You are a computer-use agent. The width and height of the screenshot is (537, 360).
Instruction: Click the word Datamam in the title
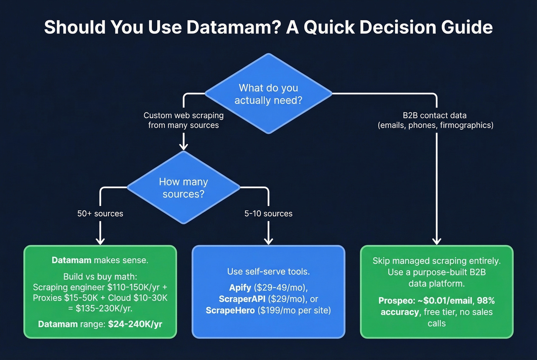tap(234, 27)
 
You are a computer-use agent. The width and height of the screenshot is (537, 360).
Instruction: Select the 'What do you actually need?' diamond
tap(268, 94)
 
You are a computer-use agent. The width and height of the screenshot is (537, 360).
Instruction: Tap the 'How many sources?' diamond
tap(183, 187)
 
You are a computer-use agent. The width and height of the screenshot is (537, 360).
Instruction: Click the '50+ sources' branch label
tap(100, 214)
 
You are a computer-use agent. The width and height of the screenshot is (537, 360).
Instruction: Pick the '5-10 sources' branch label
tap(268, 214)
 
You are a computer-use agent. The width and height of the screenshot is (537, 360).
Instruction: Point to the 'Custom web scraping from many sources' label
tap(183, 120)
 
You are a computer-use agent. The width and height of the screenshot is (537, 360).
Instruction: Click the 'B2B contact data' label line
tap(435, 115)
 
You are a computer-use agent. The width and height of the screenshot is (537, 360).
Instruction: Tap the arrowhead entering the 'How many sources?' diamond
tap(184, 146)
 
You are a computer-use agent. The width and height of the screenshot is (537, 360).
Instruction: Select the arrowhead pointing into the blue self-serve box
tap(268, 241)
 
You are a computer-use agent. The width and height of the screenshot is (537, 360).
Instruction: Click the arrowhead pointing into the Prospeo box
tap(437, 241)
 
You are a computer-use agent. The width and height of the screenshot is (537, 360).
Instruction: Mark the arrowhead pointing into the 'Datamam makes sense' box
tap(100, 241)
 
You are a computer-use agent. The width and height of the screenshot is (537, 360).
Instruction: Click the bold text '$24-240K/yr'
tap(135, 324)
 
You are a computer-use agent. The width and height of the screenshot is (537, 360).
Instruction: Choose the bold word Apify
tap(240, 288)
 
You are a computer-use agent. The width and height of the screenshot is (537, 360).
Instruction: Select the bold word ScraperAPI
tap(242, 299)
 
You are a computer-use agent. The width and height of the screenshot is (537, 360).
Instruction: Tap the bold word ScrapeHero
tap(230, 310)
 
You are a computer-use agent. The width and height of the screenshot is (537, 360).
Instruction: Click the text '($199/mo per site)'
tap(294, 310)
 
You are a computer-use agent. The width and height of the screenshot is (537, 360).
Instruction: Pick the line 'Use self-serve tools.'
tap(268, 271)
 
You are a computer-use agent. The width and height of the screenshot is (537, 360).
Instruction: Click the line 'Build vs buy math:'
tap(100, 276)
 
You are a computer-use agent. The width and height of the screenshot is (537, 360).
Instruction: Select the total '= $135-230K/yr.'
tap(100, 308)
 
